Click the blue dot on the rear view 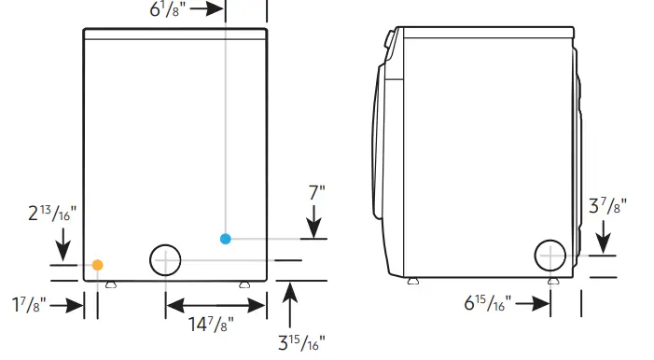point(225,239)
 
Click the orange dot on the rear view point(97,265)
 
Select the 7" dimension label point(316,194)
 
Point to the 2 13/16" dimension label point(52,215)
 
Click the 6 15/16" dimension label point(491,303)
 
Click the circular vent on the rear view point(165,260)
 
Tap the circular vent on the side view point(550,255)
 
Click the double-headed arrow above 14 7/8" point(216,304)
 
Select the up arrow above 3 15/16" point(291,298)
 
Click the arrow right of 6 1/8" point(207,10)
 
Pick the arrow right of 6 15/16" point(535,303)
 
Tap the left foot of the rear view point(110,284)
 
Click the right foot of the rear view point(244,284)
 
